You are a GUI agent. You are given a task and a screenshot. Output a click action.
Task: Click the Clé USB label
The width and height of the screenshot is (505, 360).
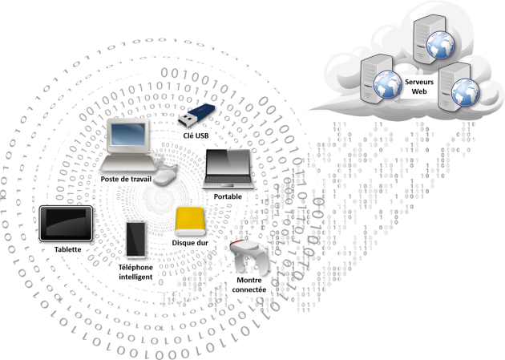pos(192,136)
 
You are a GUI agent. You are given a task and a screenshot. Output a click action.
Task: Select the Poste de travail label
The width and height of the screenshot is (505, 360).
pos(125,178)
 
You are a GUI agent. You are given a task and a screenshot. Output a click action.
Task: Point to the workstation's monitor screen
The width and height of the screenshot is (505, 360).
pos(127,137)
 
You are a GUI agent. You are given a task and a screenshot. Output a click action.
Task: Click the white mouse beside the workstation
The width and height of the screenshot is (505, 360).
pos(166,175)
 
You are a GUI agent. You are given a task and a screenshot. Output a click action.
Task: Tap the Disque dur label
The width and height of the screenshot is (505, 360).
pos(191,241)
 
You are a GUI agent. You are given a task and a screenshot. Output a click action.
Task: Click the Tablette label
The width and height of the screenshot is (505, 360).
pos(67,249)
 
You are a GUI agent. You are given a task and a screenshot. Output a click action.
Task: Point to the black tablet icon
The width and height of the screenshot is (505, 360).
pos(66,223)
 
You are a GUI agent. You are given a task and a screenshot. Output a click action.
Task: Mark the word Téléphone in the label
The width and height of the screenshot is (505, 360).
pos(135,267)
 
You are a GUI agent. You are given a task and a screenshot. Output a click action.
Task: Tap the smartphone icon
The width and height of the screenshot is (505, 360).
pos(135,239)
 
